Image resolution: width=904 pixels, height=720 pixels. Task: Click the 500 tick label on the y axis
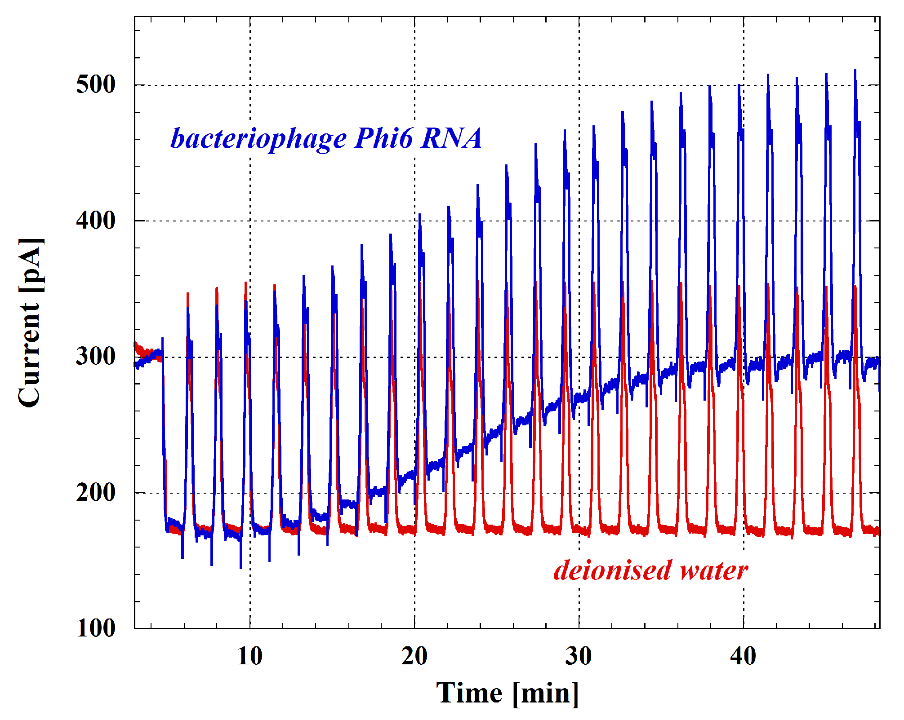tap(96, 85)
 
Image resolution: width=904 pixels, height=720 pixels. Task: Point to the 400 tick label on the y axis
tap(96, 221)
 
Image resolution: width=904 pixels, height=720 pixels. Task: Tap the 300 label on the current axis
tap(96, 357)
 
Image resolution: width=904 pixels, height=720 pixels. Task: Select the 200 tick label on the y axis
tap(96, 493)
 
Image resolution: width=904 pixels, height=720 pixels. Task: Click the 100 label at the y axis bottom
tap(96, 628)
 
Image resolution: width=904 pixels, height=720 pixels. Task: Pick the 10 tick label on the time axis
tap(249, 657)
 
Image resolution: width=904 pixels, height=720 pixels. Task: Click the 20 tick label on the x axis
tap(414, 657)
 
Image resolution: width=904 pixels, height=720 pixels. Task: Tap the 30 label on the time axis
tap(579, 657)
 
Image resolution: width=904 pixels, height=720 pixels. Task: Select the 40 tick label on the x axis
tap(743, 657)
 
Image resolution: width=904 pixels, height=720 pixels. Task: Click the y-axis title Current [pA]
tap(31, 322)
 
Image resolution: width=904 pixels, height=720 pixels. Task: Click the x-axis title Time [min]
tap(507, 693)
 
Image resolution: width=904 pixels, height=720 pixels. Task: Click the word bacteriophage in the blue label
tap(258, 138)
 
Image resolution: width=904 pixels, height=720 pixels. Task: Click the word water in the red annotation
tap(714, 570)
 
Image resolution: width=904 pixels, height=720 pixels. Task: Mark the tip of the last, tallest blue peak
tap(855, 70)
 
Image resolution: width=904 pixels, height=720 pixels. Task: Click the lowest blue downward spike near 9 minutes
tap(240, 568)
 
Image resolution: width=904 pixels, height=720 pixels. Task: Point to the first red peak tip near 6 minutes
tap(188, 293)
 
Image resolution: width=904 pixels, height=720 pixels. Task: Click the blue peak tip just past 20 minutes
tap(419, 214)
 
